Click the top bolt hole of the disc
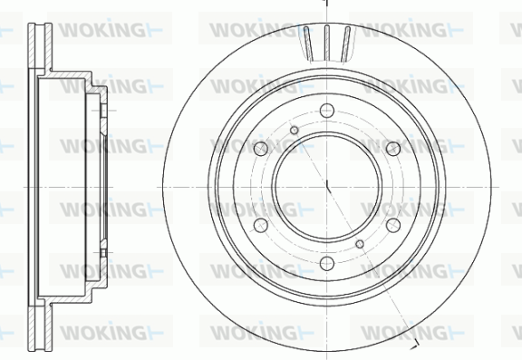(327, 111)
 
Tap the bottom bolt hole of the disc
(327, 263)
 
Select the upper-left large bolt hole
(261, 149)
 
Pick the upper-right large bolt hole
(393, 149)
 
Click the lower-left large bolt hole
(261, 226)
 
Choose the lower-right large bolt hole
(393, 226)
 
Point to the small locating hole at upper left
(295, 131)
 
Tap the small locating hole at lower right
(360, 244)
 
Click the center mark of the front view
(327, 187)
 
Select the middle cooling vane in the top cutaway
(327, 43)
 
